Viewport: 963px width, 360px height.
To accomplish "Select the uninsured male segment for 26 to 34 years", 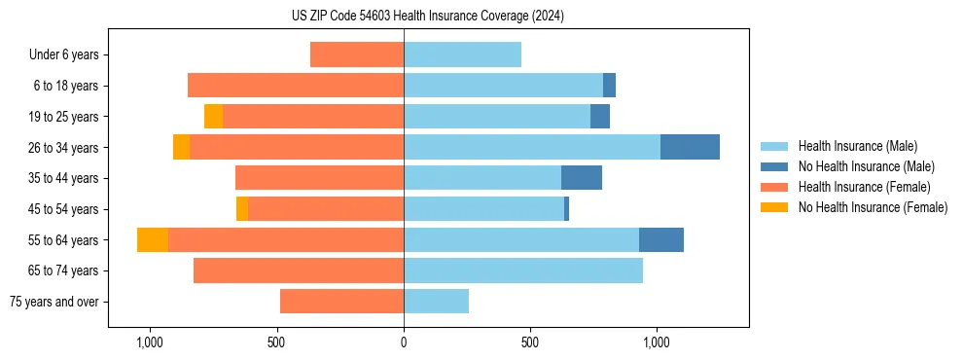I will pyautogui.click(x=690, y=147).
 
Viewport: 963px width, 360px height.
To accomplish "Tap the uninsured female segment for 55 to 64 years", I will pyautogui.click(x=153, y=239).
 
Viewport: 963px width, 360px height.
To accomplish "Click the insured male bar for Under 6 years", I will pyautogui.click(x=462, y=54).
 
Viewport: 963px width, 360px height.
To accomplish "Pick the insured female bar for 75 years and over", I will pyautogui.click(x=341, y=302).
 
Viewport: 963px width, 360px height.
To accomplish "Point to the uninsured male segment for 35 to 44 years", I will pyautogui.click(x=582, y=178).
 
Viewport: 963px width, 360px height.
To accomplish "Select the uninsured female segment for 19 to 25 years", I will pyautogui.click(x=213, y=116).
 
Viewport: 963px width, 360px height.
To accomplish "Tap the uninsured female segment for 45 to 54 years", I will pyautogui.click(x=242, y=208).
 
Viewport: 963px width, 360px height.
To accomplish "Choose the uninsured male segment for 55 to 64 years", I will pyautogui.click(x=661, y=239).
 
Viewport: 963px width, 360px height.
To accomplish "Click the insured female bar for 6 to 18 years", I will pyautogui.click(x=296, y=86).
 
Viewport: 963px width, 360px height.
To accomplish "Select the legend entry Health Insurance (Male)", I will pyautogui.click(x=857, y=146).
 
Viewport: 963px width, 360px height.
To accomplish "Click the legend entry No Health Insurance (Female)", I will pyautogui.click(x=873, y=207).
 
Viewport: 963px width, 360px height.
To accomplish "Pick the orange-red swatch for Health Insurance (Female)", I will pyautogui.click(x=774, y=187).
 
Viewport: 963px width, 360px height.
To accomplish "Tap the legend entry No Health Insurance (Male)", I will pyautogui.click(x=866, y=166).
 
